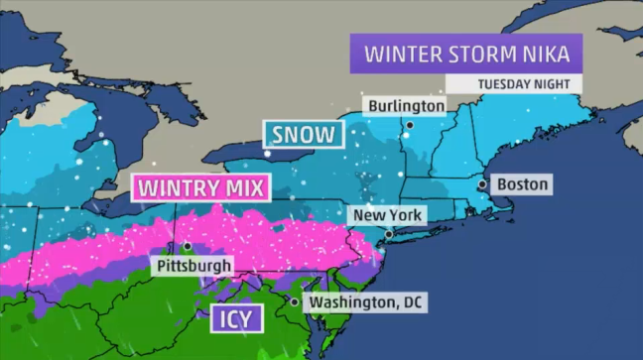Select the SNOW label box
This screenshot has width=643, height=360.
coord(303,134)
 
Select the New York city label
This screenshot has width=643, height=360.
coord(388,215)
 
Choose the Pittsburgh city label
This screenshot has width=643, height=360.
coord(193,266)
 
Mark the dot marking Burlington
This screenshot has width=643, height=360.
coord(409,124)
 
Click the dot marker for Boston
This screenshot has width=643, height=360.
coord(482,184)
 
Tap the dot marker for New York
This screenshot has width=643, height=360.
coord(389,234)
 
